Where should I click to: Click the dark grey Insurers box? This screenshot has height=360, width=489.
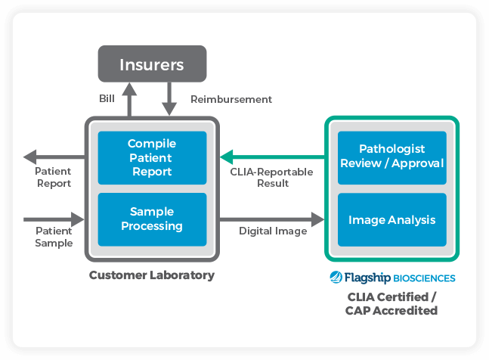pyautogui.click(x=151, y=64)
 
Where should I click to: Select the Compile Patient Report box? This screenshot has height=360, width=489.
pyautogui.click(x=151, y=157)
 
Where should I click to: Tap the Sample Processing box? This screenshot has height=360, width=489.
pyautogui.click(x=151, y=219)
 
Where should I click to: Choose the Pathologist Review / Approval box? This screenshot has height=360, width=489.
pyautogui.click(x=392, y=157)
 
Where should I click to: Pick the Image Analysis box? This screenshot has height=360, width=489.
pyautogui.click(x=392, y=220)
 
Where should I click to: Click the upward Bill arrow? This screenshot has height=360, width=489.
pyautogui.click(x=130, y=99)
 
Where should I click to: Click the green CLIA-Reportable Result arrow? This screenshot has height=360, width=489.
pyautogui.click(x=272, y=157)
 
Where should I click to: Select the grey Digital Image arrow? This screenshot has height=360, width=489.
pyautogui.click(x=272, y=219)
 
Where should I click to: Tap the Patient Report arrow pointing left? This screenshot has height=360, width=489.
pyautogui.click(x=53, y=157)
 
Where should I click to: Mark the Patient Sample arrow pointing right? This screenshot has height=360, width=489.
pyautogui.click(x=53, y=219)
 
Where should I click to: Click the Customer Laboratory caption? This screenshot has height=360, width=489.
pyautogui.click(x=151, y=275)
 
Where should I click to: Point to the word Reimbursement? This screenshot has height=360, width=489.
pyautogui.click(x=231, y=99)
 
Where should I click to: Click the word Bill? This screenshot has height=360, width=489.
pyautogui.click(x=107, y=99)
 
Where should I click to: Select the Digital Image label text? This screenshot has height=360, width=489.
pyautogui.click(x=273, y=231)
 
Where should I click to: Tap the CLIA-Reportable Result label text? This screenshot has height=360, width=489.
pyautogui.click(x=271, y=178)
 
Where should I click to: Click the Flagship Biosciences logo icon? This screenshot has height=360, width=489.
pyautogui.click(x=336, y=278)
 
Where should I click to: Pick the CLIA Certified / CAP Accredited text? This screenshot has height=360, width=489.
pyautogui.click(x=391, y=303)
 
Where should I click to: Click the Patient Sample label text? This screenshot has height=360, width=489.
pyautogui.click(x=54, y=237)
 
